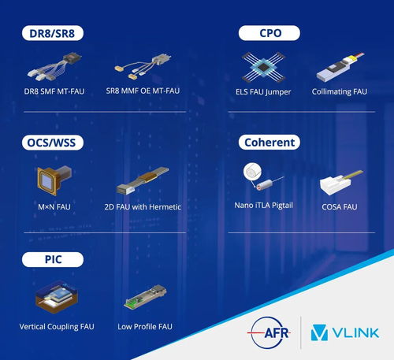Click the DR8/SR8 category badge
click(x=53, y=33)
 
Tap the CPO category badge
click(x=269, y=33)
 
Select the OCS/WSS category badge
click(x=53, y=143)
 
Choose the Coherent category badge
click(x=269, y=143)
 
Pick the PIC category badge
click(x=53, y=259)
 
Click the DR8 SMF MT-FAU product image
click(x=54, y=67)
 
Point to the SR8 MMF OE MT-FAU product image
click(x=143, y=66)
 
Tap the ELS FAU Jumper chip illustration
click(x=263, y=67)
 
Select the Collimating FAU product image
click(x=340, y=67)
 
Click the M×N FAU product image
click(x=54, y=180)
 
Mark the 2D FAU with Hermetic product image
click(x=143, y=180)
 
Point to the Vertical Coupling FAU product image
click(x=57, y=297)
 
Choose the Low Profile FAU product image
click(x=145, y=297)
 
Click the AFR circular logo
click(x=269, y=333)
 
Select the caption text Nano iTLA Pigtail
click(x=263, y=206)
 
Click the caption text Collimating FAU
click(x=340, y=91)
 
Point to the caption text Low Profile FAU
click(x=145, y=327)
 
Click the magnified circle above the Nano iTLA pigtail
click(x=252, y=172)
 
